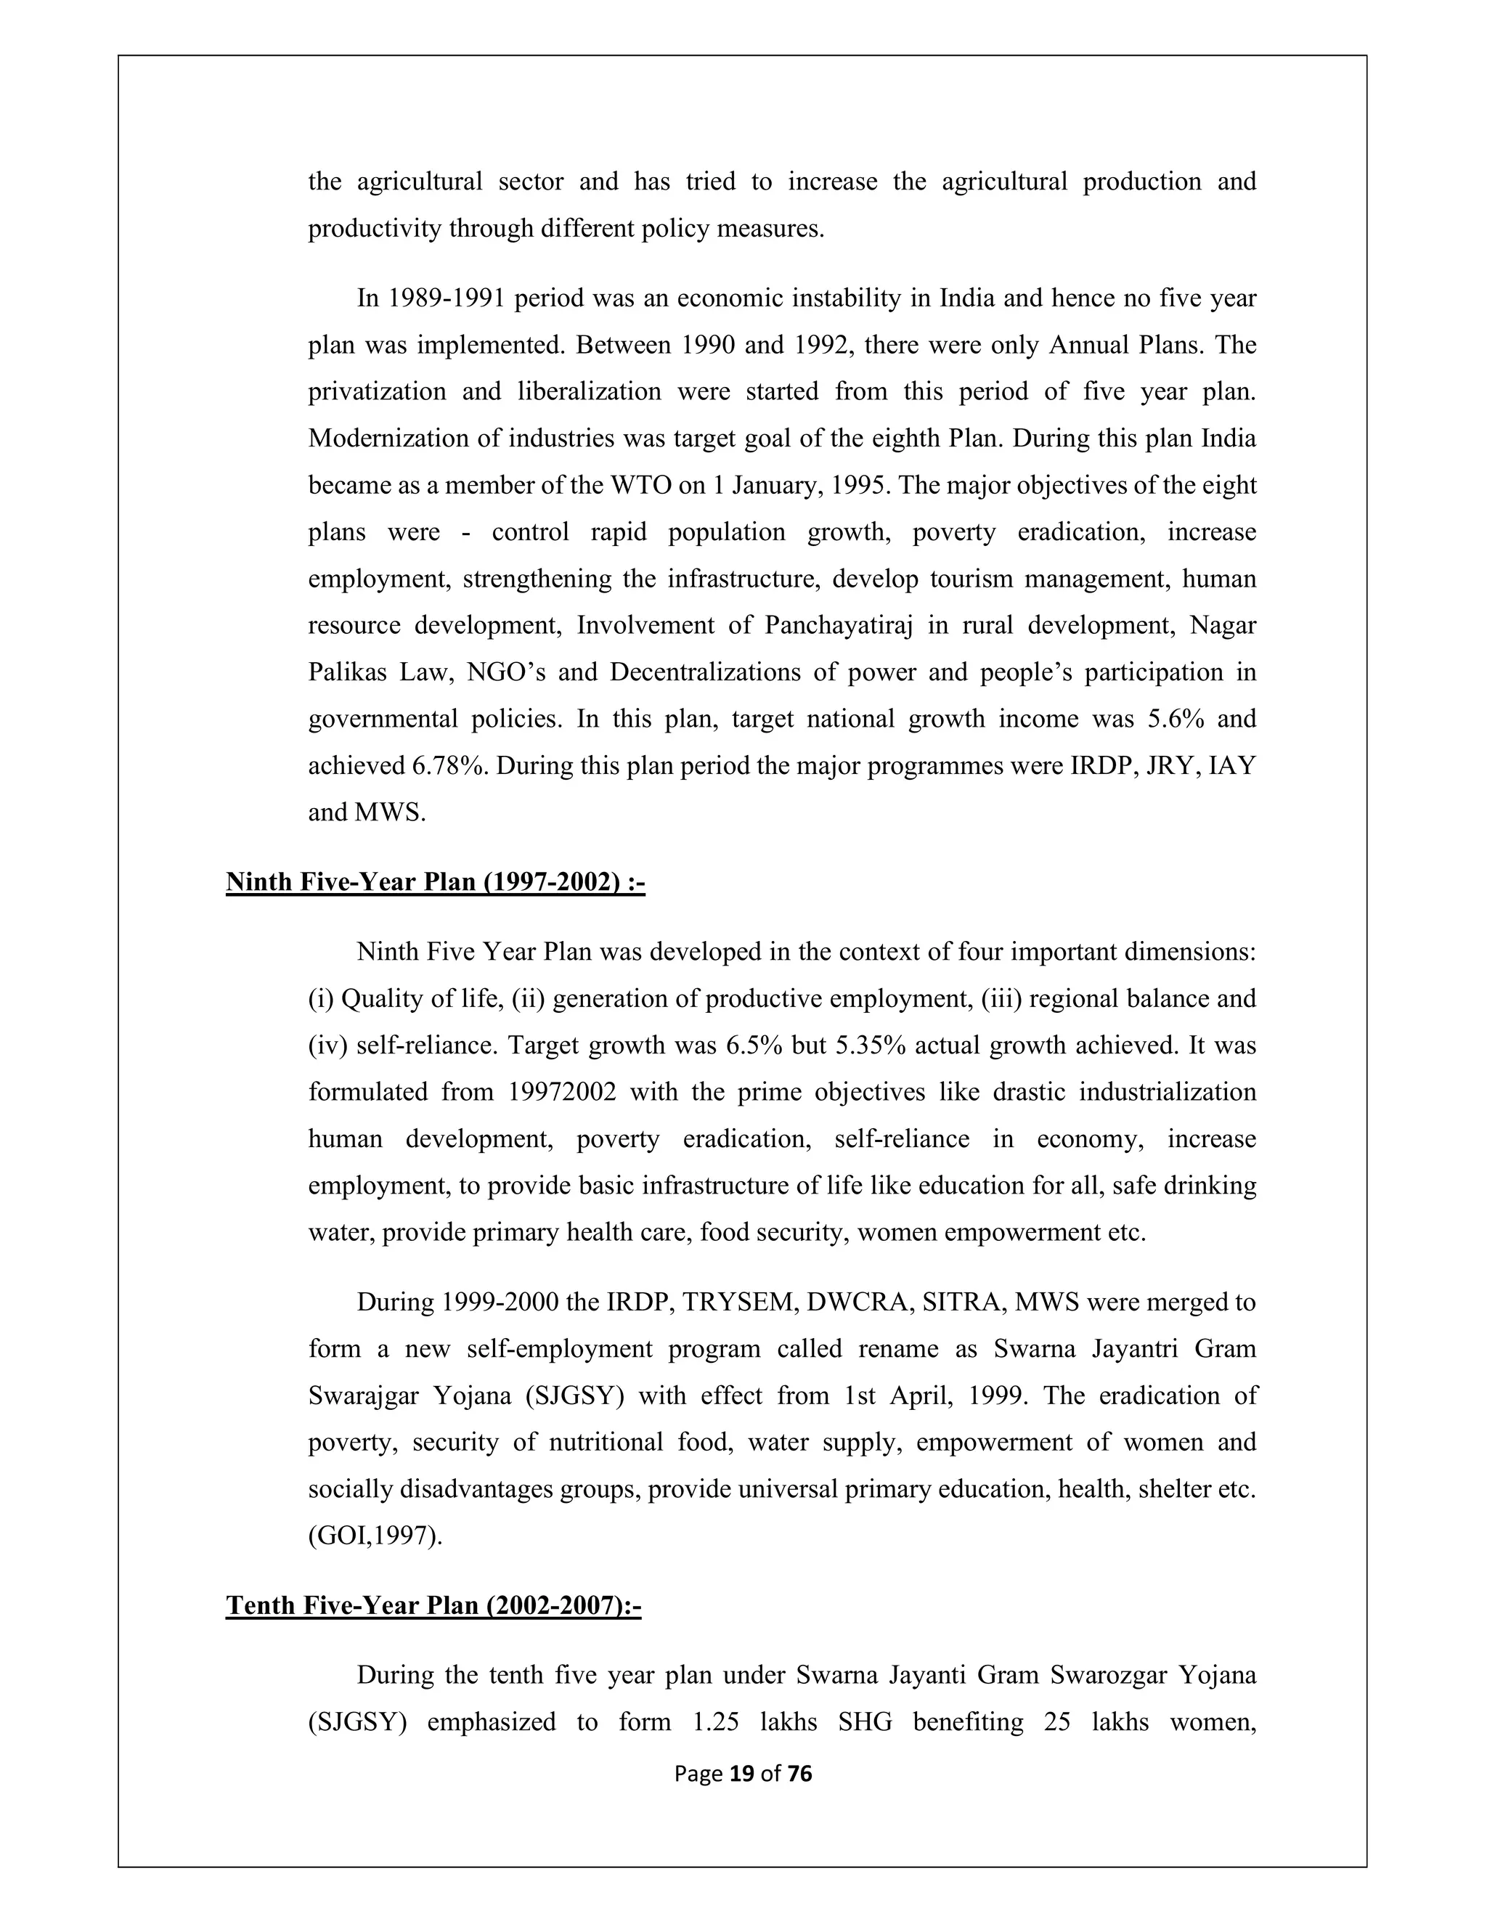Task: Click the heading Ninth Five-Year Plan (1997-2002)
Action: point(435,882)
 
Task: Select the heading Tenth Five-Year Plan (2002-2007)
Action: point(433,1605)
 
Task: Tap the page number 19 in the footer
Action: point(743,1774)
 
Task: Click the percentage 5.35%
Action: point(868,1045)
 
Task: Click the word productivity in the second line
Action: point(375,229)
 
